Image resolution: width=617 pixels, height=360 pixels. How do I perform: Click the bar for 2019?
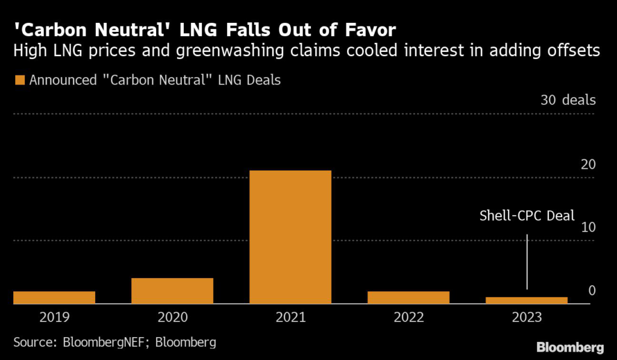click(x=54, y=297)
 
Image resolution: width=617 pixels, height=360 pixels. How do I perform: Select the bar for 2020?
click(x=172, y=291)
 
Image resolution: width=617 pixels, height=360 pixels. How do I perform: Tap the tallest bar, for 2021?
click(x=290, y=237)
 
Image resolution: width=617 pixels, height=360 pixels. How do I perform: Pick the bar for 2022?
click(x=409, y=297)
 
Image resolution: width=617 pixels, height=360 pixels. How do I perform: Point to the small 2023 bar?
click(x=527, y=300)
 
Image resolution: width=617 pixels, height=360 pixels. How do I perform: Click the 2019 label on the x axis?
click(x=54, y=317)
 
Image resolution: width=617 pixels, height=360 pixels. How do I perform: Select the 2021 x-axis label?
click(x=290, y=317)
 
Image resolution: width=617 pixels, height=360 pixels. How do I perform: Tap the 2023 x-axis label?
click(x=527, y=317)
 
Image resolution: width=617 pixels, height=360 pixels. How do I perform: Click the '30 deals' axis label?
click(x=568, y=100)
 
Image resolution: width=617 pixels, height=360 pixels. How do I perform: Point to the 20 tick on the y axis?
click(x=588, y=164)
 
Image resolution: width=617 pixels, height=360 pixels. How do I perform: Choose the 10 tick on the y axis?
click(x=588, y=227)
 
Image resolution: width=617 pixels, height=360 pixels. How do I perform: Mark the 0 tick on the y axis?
click(x=592, y=291)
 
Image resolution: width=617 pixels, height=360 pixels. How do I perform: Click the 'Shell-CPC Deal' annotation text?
click(x=527, y=215)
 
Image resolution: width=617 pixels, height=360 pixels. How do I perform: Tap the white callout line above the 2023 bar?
click(x=527, y=259)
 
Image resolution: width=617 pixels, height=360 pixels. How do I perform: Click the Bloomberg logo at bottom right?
click(x=570, y=347)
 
